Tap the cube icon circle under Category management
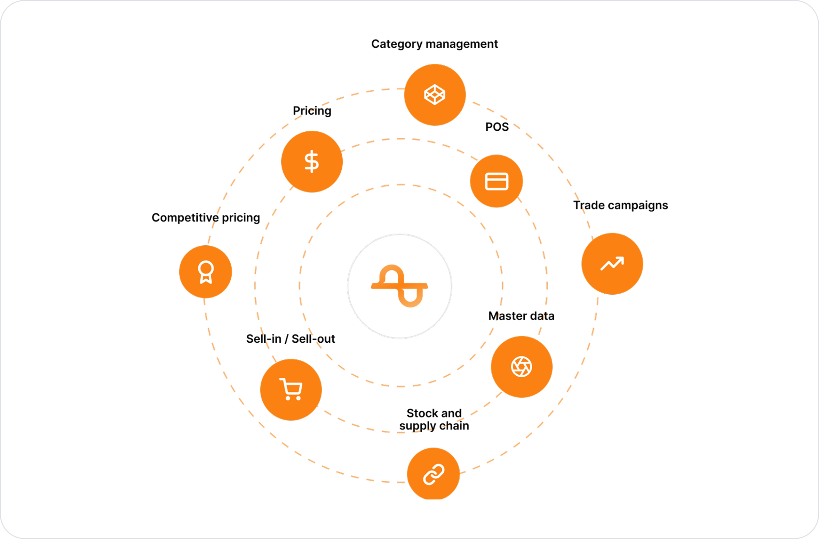(x=435, y=95)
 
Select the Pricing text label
(x=312, y=111)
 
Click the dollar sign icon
(x=312, y=161)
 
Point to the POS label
(x=497, y=127)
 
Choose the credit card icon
(x=497, y=181)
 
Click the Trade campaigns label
(x=620, y=205)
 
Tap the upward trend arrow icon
(x=612, y=264)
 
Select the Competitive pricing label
(x=206, y=218)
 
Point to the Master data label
(x=521, y=316)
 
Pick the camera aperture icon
(x=522, y=367)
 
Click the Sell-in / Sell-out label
(x=290, y=339)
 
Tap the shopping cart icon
(x=291, y=389)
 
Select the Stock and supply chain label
(x=434, y=420)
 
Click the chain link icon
(x=433, y=474)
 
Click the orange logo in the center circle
(x=400, y=286)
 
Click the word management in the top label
(x=461, y=45)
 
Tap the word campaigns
(x=638, y=206)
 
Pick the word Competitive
(x=185, y=218)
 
